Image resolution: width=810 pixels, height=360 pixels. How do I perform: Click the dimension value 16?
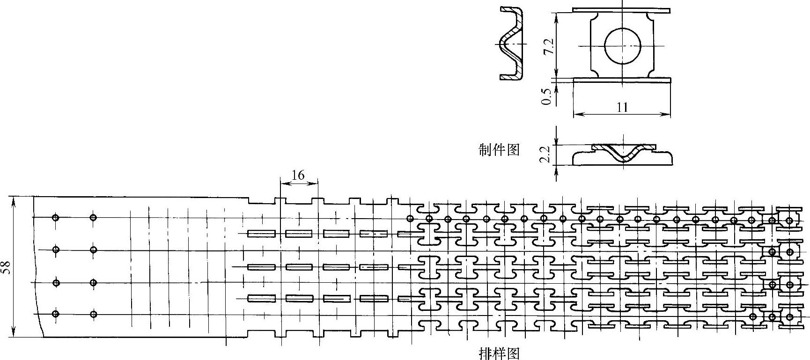pyautogui.click(x=298, y=176)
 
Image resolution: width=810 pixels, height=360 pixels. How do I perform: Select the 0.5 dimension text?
pyautogui.click(x=545, y=95)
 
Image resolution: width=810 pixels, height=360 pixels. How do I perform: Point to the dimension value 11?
pyautogui.click(x=622, y=107)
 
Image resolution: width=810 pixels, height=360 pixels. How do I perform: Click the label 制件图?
pyautogui.click(x=499, y=150)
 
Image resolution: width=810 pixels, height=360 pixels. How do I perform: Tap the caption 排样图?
pyautogui.click(x=499, y=353)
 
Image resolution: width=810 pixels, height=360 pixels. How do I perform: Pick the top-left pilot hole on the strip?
pyautogui.click(x=56, y=217)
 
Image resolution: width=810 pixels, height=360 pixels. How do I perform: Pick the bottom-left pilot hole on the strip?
pyautogui.click(x=56, y=314)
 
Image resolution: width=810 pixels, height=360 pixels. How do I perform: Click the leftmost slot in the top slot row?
pyautogui.click(x=261, y=233)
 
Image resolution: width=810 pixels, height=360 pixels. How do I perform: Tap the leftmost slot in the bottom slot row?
pyautogui.click(x=261, y=298)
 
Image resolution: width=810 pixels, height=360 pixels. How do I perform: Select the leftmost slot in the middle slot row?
pyautogui.click(x=261, y=267)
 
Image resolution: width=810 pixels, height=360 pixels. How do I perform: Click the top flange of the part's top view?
pyautogui.click(x=621, y=10)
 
